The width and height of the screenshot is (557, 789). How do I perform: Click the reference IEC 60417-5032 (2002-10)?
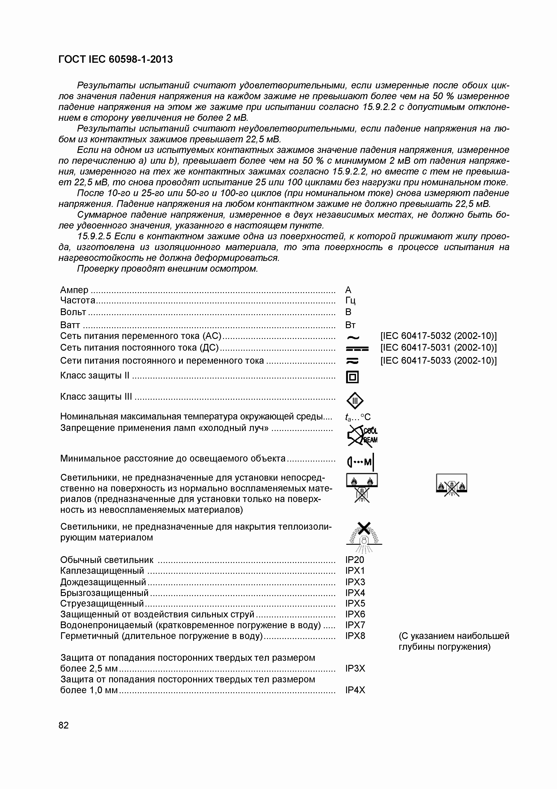[x=439, y=336]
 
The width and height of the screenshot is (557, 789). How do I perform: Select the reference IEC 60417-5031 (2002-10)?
[x=439, y=348]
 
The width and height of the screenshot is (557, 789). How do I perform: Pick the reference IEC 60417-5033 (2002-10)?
[x=439, y=361]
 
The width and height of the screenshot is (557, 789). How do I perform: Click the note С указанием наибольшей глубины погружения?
[x=453, y=641]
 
